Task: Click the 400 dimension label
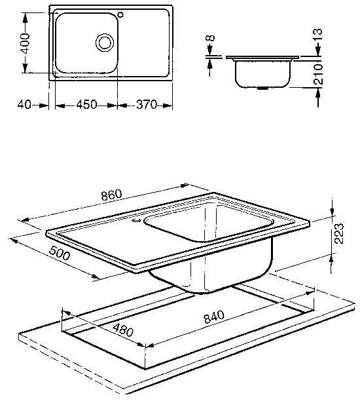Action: tap(26, 43)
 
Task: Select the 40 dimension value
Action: tap(24, 105)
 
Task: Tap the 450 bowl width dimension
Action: tap(86, 105)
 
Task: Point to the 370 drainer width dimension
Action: tap(147, 105)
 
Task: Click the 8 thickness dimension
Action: tap(210, 38)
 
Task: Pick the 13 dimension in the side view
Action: tap(318, 35)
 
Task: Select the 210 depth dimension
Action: tap(318, 74)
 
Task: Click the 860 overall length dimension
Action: tap(111, 195)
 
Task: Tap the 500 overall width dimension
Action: tap(59, 253)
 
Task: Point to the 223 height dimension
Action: tap(339, 233)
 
